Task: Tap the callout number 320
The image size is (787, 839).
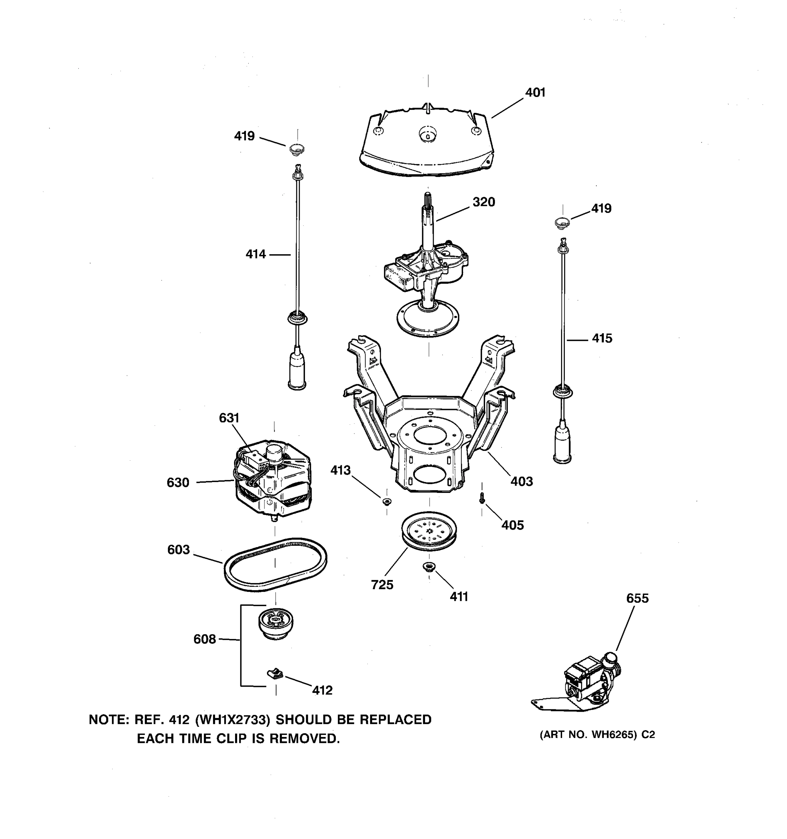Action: coord(483,202)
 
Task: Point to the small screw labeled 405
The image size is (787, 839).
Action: coord(482,499)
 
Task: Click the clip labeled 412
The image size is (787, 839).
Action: coord(275,674)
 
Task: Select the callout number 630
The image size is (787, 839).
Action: coord(178,482)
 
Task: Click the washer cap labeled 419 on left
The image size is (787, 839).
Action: coord(297,149)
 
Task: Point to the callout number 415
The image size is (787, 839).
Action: coord(602,338)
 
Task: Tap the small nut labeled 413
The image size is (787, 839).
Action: coord(386,501)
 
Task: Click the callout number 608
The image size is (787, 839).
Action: coord(204,639)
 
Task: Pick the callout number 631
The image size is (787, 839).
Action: coord(229,418)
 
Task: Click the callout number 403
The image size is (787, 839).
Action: coord(522,481)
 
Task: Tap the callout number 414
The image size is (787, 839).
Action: coord(255,254)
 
